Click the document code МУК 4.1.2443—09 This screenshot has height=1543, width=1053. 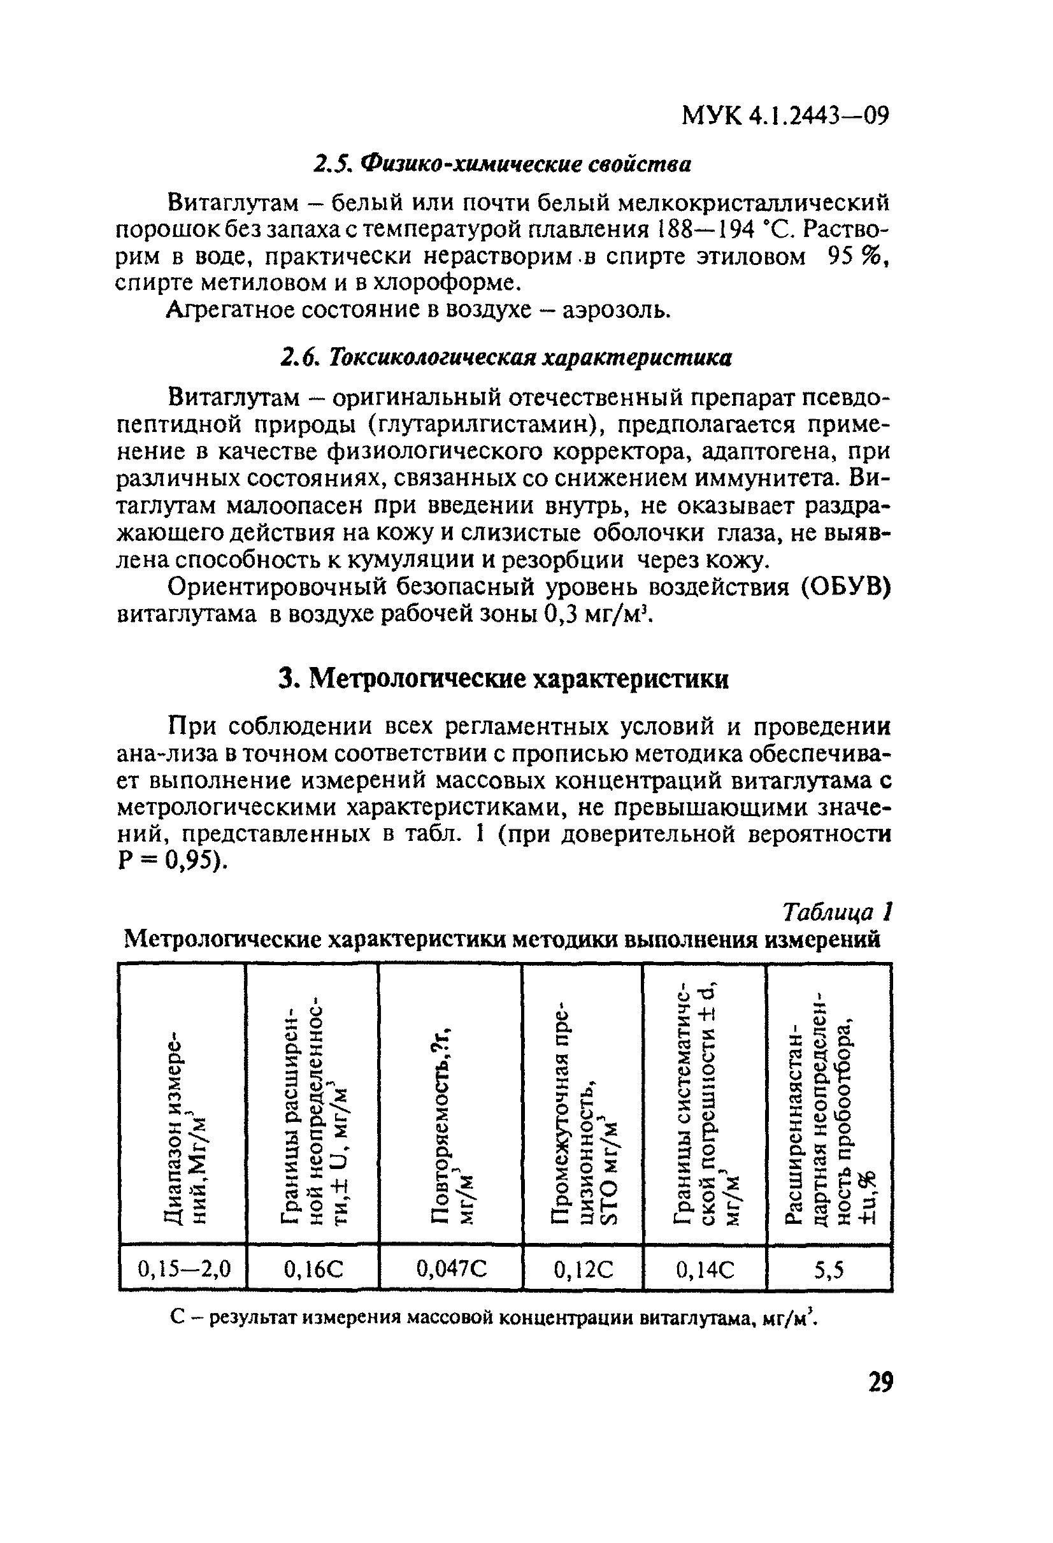click(785, 117)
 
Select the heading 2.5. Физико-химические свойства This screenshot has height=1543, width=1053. click(502, 164)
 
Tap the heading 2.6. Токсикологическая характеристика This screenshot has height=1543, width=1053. click(505, 358)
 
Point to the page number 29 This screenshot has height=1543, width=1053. click(880, 1382)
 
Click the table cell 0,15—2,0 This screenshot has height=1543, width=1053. click(184, 1269)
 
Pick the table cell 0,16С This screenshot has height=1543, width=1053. click(313, 1269)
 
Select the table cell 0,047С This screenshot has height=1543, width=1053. click(452, 1269)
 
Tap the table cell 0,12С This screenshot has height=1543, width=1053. click(584, 1269)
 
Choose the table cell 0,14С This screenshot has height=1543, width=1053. click(705, 1269)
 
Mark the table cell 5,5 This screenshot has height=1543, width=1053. click(829, 1269)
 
